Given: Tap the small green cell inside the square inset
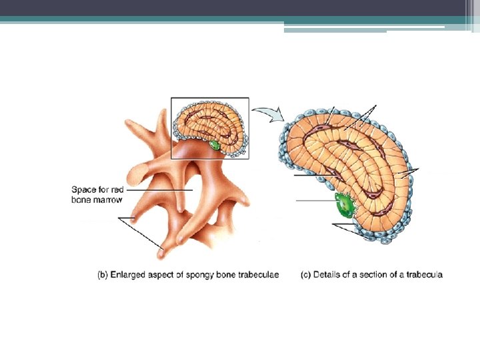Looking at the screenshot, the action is (215, 144).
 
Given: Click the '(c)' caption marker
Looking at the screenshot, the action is (307, 274).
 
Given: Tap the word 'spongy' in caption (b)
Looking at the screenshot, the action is (205, 274).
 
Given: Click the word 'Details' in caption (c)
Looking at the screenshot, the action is (328, 274).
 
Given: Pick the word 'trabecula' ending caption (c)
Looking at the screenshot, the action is (425, 274).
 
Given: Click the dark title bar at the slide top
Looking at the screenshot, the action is (240, 8).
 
